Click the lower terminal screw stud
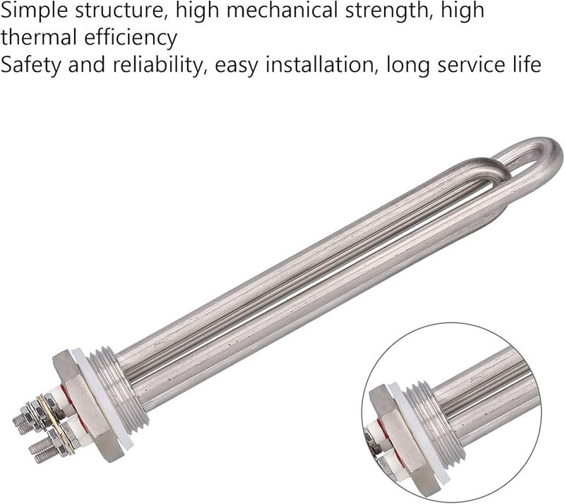coord(39,446)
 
